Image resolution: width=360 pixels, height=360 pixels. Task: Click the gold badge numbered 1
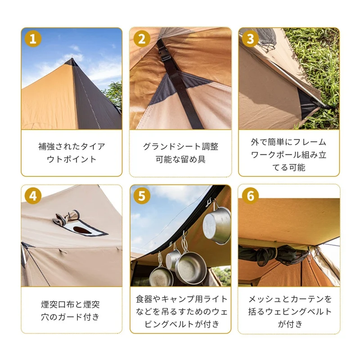[x=33, y=39]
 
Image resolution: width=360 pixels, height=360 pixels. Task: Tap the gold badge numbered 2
[x=142, y=39]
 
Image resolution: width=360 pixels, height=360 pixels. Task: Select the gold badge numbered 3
[x=251, y=39]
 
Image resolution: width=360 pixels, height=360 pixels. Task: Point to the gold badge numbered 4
[x=33, y=196]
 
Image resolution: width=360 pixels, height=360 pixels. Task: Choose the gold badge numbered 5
[x=142, y=196]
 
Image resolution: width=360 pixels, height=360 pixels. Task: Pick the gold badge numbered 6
[x=251, y=196]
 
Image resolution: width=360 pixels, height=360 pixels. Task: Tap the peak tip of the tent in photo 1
[x=72, y=58]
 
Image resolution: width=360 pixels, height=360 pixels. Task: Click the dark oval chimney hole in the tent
[x=82, y=230]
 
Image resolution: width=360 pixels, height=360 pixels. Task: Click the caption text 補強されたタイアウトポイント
[x=72, y=153]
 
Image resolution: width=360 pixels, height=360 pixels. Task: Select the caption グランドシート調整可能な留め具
[x=180, y=153]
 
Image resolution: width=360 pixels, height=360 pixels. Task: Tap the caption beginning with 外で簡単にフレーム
[x=288, y=154]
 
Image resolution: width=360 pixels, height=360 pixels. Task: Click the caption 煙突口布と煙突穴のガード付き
[x=71, y=310]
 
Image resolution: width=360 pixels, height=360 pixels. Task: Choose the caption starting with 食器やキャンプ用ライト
[x=181, y=311]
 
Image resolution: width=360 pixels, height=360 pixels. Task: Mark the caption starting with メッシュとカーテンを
[x=290, y=311]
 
